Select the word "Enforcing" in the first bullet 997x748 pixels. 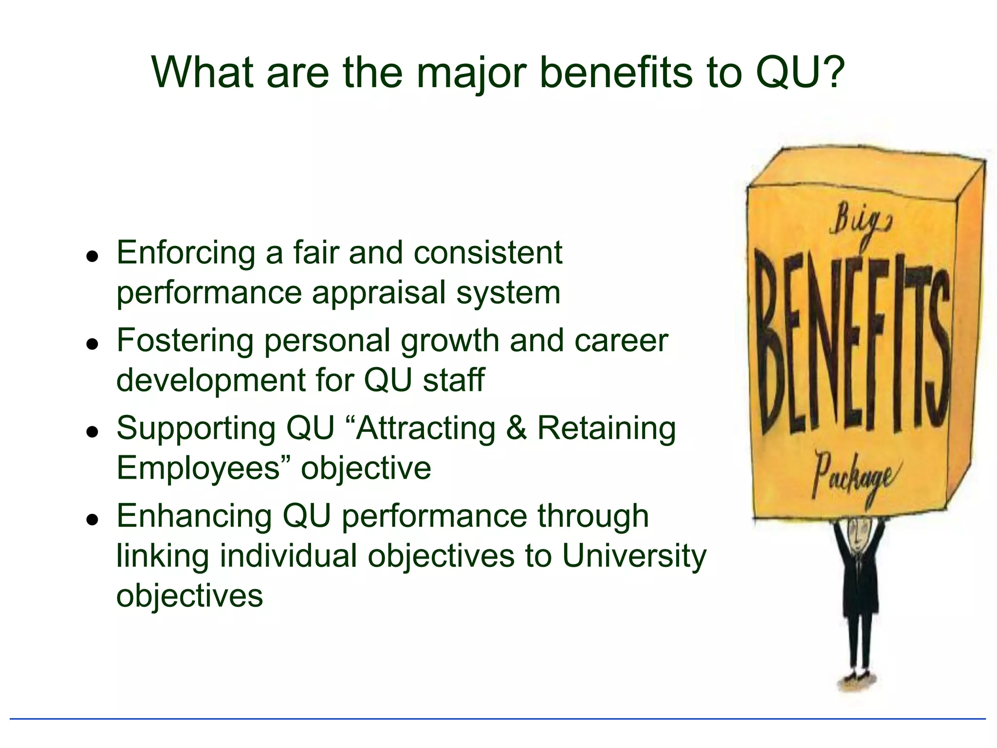(x=185, y=253)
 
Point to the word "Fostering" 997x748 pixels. (x=185, y=340)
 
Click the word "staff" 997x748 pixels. (x=454, y=380)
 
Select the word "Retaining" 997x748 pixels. (x=607, y=429)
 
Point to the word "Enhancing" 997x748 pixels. (x=194, y=516)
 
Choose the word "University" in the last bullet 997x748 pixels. (x=634, y=556)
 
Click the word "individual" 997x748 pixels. (x=288, y=556)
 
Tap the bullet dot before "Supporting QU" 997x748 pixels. (x=92, y=431)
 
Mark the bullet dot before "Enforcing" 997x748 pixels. (x=92, y=256)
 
